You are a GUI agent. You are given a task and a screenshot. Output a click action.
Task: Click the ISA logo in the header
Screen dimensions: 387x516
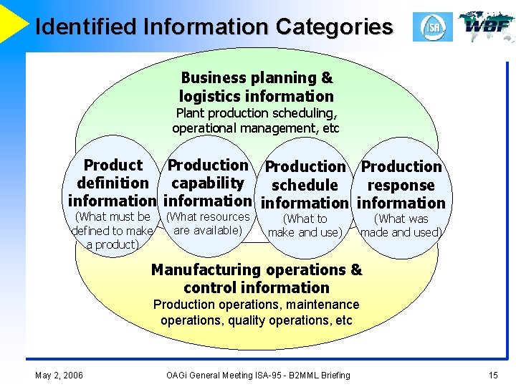point(432,27)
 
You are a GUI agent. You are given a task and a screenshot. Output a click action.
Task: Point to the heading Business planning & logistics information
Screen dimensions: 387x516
point(257,87)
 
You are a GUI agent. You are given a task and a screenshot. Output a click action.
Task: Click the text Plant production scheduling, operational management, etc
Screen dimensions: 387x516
point(257,120)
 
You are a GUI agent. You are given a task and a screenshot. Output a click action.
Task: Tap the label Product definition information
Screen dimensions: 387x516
point(113,183)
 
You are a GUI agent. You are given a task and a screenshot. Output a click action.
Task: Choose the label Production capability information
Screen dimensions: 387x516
point(208,183)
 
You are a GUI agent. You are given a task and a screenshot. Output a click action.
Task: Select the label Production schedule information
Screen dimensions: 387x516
point(305,185)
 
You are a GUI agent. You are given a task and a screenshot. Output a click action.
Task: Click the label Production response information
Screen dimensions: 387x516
point(401,185)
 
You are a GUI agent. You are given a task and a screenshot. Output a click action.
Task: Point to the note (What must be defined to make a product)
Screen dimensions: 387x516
point(113,230)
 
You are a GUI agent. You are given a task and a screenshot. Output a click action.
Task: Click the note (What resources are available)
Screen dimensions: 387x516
point(208,223)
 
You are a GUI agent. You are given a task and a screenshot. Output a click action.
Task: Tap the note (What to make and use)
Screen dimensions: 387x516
point(305,225)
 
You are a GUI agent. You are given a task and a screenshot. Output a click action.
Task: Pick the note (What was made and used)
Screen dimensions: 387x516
point(401,225)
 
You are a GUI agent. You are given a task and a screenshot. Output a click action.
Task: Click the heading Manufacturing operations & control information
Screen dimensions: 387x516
point(257,279)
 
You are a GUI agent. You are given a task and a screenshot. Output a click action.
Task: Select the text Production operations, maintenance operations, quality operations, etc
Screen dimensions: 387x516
point(257,312)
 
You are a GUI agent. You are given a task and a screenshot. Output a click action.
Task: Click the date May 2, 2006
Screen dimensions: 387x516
point(59,375)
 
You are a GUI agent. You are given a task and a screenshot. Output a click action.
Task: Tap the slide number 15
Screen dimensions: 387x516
point(492,375)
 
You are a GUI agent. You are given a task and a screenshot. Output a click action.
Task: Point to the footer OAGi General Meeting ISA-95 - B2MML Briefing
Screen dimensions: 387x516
point(258,375)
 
